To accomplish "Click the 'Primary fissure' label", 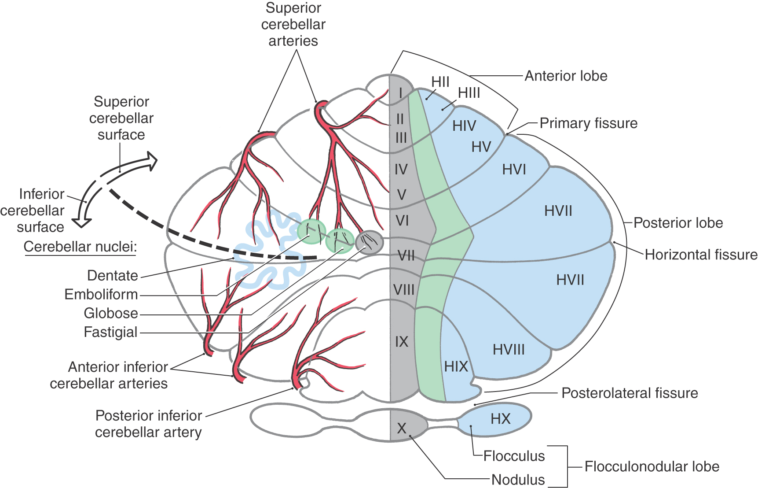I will click(588, 123).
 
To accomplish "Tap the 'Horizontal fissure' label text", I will click(701, 255).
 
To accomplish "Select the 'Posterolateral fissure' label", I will click(630, 393).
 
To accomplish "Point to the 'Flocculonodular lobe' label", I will click(652, 466).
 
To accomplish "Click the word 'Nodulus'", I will click(518, 480).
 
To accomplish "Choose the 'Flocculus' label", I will click(514, 456).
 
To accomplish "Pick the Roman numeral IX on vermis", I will click(401, 342).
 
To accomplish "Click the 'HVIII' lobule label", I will click(509, 350).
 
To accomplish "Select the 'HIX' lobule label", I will click(456, 366).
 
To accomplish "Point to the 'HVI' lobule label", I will click(514, 170).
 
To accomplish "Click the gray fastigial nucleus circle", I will click(369, 241).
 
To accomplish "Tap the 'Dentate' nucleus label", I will click(113, 276).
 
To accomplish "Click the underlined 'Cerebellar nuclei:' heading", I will click(80, 247).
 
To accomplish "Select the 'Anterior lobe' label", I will click(566, 76).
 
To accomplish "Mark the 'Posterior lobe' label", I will click(678, 223).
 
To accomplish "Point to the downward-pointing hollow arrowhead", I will click(81, 222).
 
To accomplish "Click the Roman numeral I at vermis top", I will click(400, 93).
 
